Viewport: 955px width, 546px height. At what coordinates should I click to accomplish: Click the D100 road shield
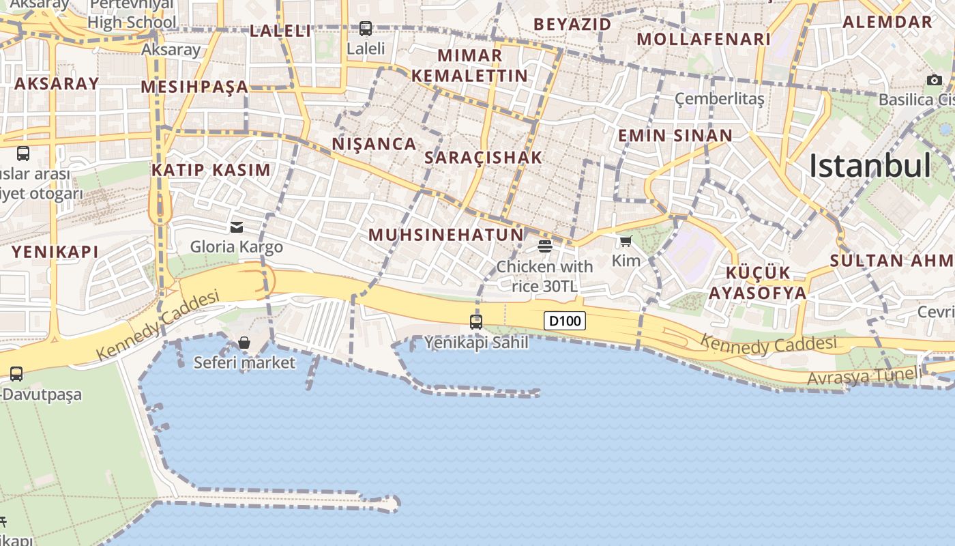coord(565,320)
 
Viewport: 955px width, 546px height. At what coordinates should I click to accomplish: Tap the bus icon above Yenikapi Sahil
coord(476,321)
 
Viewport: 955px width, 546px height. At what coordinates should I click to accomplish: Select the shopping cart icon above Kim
coord(626,241)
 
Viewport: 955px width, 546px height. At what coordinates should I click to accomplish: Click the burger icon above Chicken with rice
coord(544,246)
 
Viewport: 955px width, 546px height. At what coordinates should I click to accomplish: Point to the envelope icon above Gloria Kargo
coord(237,227)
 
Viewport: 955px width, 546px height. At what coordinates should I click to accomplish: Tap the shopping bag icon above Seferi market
coord(244,342)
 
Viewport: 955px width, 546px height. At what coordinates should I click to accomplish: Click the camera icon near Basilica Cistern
coord(935,80)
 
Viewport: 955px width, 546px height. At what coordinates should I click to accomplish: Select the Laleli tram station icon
coord(366,29)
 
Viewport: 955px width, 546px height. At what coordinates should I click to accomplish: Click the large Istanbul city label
coord(870,166)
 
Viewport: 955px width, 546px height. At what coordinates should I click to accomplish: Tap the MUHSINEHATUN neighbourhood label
coord(446,235)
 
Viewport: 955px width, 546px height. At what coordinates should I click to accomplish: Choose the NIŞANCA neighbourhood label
coord(374,144)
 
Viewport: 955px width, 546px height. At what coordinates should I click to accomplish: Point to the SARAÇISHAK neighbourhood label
coord(483,158)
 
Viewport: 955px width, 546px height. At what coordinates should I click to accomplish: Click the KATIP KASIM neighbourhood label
coord(211,170)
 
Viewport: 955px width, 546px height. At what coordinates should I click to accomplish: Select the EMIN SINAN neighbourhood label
coord(675,135)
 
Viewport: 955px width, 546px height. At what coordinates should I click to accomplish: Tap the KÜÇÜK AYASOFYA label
coord(757,283)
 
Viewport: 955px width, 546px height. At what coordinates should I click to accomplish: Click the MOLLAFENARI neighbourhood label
coord(704,40)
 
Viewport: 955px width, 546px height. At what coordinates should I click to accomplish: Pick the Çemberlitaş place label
coord(720,99)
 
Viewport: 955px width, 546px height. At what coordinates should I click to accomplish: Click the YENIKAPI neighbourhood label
coord(55,252)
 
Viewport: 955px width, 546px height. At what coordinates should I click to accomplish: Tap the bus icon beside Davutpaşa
coord(16,374)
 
